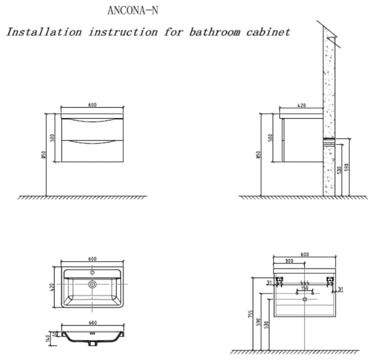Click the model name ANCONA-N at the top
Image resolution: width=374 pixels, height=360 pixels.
[x=132, y=11]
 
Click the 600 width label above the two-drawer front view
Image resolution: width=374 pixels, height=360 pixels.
[x=92, y=105]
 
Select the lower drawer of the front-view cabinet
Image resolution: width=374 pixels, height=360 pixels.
[x=92, y=151]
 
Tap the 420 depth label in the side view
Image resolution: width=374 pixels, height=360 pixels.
[x=301, y=106]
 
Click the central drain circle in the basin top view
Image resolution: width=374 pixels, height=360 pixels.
[x=92, y=284]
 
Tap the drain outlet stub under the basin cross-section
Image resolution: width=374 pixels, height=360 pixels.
[x=92, y=344]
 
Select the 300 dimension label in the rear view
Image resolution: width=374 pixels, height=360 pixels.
[x=289, y=261]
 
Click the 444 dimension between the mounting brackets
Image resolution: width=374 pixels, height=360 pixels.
[x=304, y=283]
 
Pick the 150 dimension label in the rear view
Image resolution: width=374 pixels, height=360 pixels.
[x=304, y=289]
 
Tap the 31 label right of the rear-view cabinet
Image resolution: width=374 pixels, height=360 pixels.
[x=340, y=289]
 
